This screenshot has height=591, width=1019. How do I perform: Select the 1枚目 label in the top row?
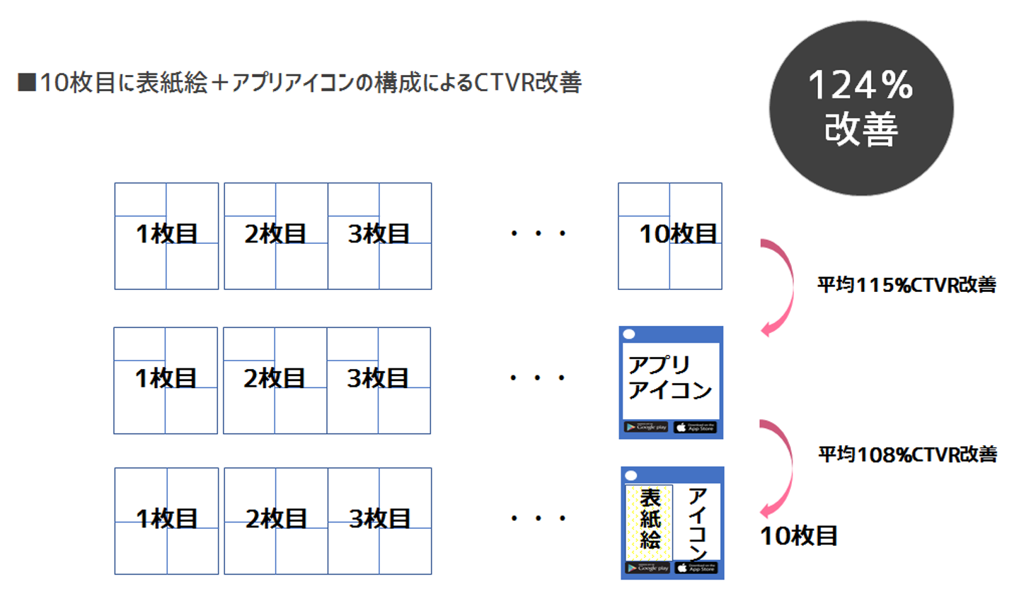click(166, 233)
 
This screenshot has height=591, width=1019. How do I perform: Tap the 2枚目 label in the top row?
click(275, 233)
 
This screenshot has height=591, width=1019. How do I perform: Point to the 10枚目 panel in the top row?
click(670, 235)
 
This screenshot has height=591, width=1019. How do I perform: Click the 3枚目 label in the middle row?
click(378, 379)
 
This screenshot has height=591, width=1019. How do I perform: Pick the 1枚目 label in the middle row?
click(166, 379)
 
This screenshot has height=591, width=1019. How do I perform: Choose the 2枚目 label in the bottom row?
click(276, 520)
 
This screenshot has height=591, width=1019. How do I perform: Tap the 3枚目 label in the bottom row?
click(379, 520)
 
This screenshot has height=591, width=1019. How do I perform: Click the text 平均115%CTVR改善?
click(906, 286)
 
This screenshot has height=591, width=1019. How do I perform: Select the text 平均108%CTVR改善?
click(908, 454)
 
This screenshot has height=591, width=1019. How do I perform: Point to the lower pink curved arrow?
click(779, 467)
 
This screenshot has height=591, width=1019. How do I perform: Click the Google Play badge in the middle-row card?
click(646, 428)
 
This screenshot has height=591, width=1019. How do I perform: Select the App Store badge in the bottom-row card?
click(696, 568)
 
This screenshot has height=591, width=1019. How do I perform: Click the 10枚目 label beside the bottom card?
click(799, 536)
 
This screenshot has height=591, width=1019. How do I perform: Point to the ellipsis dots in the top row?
click(539, 234)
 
